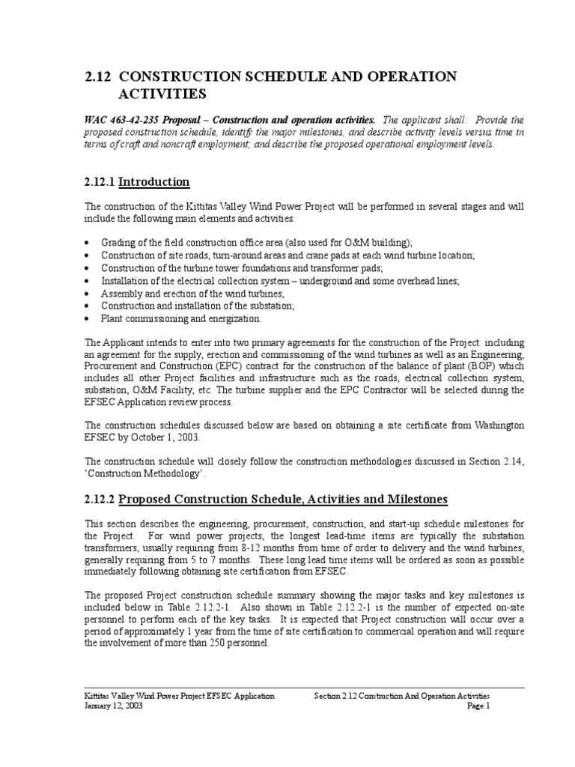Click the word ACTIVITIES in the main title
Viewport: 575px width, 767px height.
click(x=162, y=94)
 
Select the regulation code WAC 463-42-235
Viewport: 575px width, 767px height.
click(x=124, y=120)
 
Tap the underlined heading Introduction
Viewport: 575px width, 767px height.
click(x=154, y=182)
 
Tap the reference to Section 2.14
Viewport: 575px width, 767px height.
click(x=493, y=461)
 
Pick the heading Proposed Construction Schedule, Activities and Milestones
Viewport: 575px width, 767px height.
click(x=282, y=500)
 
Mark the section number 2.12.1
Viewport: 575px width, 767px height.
click(x=100, y=182)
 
